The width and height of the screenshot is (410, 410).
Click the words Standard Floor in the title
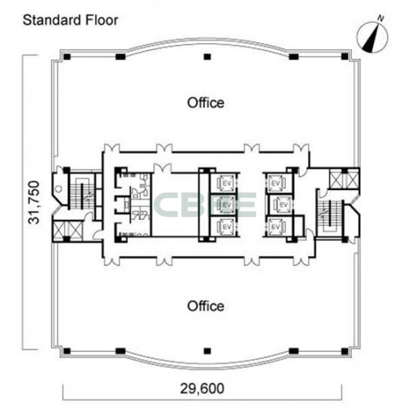click(70, 20)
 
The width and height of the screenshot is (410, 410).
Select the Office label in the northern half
click(206, 102)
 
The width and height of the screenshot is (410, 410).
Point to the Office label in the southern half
click(206, 306)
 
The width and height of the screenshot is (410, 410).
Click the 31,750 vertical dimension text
click(34, 202)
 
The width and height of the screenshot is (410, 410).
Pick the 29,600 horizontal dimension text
click(202, 388)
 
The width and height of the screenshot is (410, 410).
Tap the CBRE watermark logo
click(206, 204)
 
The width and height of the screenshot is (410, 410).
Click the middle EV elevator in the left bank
click(226, 204)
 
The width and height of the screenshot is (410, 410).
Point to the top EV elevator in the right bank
click(276, 183)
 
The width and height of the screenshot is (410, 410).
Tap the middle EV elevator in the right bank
click(283, 204)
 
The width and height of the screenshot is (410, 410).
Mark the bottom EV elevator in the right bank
click(276, 226)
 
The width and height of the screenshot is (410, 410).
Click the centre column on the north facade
click(207, 57)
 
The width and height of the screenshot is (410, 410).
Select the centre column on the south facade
click(207, 351)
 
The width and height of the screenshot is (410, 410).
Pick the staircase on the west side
click(81, 191)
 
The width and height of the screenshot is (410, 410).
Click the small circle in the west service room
click(59, 188)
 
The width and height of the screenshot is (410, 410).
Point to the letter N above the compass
click(381, 19)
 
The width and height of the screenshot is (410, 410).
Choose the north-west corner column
click(67, 57)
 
